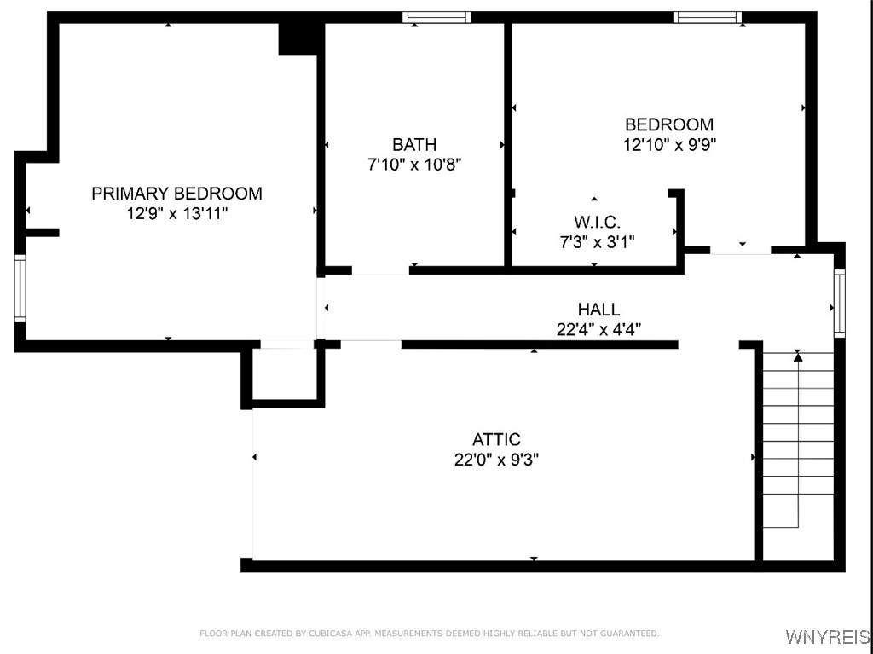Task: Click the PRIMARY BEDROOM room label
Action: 176,194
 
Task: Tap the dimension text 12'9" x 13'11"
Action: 176,213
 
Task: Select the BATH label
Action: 414,144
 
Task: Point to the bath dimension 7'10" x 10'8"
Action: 414,165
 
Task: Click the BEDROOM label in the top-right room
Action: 669,124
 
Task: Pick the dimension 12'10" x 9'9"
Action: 669,144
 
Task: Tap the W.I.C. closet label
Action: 597,223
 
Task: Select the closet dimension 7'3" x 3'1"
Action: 597,242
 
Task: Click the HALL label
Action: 598,310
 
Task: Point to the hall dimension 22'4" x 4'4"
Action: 598,329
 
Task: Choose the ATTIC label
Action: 496,440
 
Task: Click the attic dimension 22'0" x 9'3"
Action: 496,460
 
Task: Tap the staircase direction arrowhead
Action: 798,357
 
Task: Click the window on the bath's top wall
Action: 436,17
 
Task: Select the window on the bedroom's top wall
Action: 707,17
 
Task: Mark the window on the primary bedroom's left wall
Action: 20,290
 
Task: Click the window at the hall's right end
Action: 839,303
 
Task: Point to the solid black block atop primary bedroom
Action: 299,38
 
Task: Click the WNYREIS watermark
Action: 827,637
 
